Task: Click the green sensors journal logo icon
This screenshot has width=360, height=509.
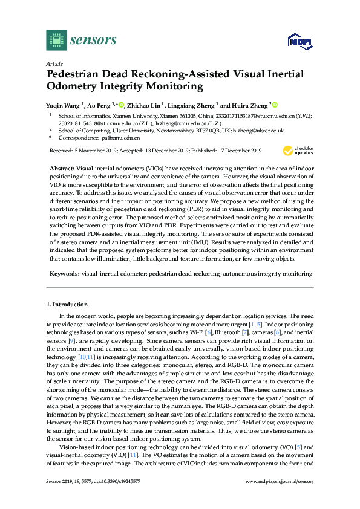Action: point(56,40)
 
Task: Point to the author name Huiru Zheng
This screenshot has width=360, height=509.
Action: point(247,104)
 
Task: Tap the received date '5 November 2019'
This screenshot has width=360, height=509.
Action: point(97,150)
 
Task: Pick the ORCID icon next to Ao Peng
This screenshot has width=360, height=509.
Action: point(121,104)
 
